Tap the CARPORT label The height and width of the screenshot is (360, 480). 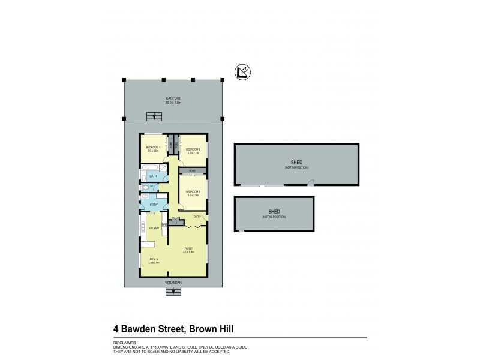(173, 98)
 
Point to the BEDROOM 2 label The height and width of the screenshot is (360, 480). (192, 149)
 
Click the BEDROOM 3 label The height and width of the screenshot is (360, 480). (193, 191)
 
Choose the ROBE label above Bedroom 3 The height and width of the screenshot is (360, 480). (192, 172)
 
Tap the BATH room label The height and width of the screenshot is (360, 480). (154, 176)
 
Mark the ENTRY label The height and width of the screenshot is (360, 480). (196, 216)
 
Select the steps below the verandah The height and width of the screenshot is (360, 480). (173, 292)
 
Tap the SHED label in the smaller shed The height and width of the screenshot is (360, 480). (274, 212)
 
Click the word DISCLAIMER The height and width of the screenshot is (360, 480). (124, 343)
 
